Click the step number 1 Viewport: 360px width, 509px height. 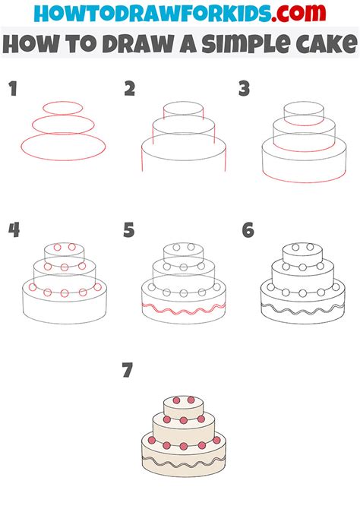12,90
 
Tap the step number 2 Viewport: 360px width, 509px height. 130,90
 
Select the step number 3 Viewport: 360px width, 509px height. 245,90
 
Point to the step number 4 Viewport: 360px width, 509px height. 12,230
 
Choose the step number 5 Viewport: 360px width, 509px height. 130,230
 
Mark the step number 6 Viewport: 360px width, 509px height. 247,230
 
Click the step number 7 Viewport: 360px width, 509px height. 128,371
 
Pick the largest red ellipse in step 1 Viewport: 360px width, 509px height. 63,146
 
